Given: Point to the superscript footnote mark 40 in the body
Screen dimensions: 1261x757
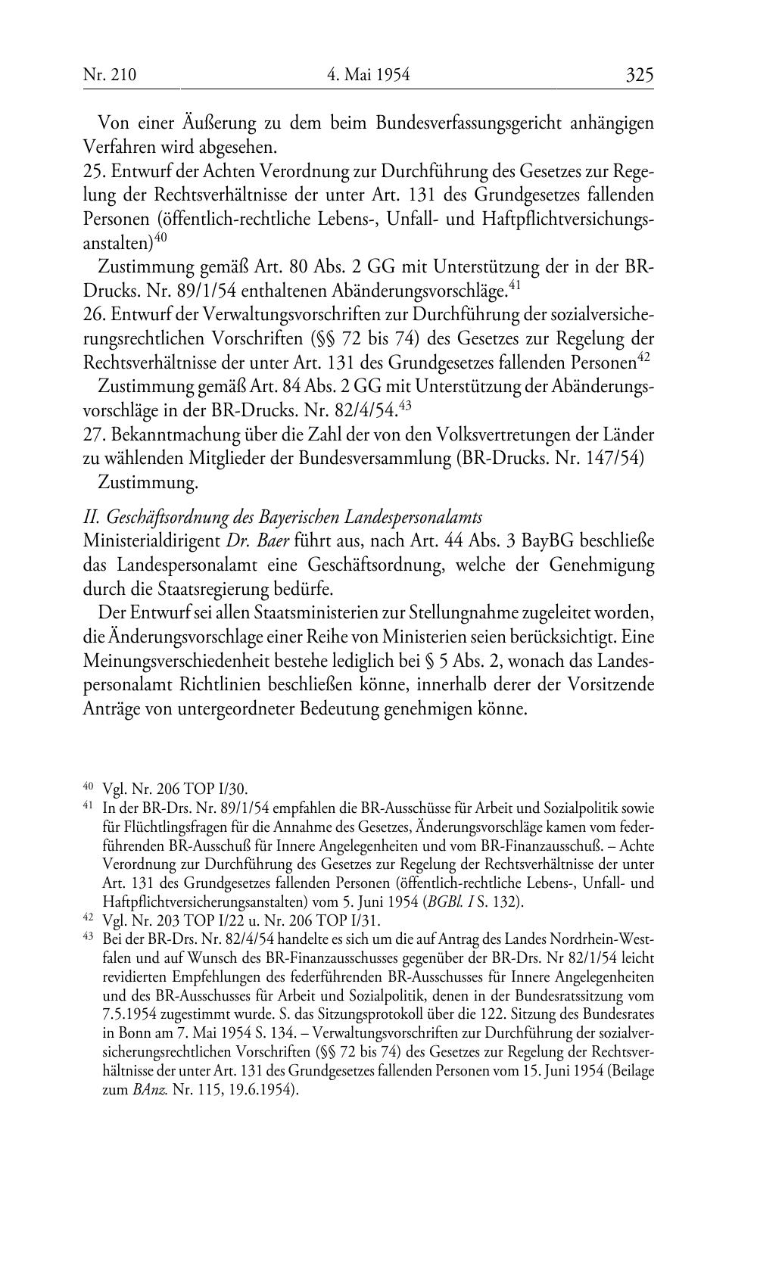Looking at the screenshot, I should (x=160, y=238).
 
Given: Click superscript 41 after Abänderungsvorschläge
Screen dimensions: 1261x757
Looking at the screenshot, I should (x=515, y=285).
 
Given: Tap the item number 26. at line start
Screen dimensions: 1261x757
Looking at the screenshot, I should (x=94, y=315).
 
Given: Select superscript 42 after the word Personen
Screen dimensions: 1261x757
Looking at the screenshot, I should (x=644, y=357).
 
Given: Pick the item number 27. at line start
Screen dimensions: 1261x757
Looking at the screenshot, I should (x=94, y=435).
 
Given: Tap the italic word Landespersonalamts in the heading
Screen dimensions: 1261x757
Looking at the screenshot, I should (x=413, y=518).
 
